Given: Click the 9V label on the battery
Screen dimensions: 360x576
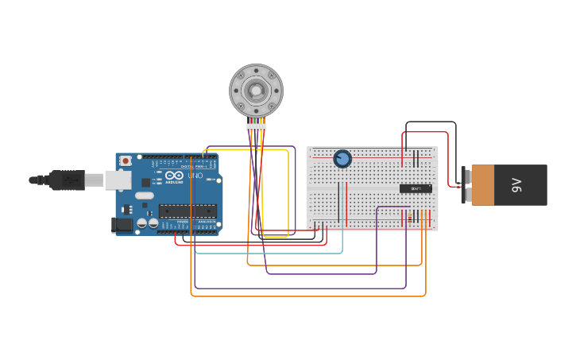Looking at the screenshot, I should tap(517, 185).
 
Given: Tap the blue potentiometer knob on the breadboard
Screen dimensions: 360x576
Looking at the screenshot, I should tap(342, 159).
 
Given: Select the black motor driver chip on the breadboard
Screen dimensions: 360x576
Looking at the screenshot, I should tap(416, 188).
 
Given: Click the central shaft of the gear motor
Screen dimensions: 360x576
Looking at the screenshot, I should tap(256, 91).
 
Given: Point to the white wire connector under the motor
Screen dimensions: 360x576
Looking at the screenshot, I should tap(256, 127).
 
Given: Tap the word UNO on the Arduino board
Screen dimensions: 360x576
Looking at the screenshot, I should tap(195, 175).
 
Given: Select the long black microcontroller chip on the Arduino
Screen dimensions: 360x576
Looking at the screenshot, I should tap(187, 211).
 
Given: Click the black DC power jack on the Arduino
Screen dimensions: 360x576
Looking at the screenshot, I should tap(122, 225).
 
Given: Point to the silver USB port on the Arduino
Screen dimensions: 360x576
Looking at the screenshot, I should tap(118, 180).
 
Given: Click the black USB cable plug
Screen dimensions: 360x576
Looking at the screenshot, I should tap(68, 180).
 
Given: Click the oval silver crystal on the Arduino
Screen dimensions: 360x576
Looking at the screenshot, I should tap(144, 195).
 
